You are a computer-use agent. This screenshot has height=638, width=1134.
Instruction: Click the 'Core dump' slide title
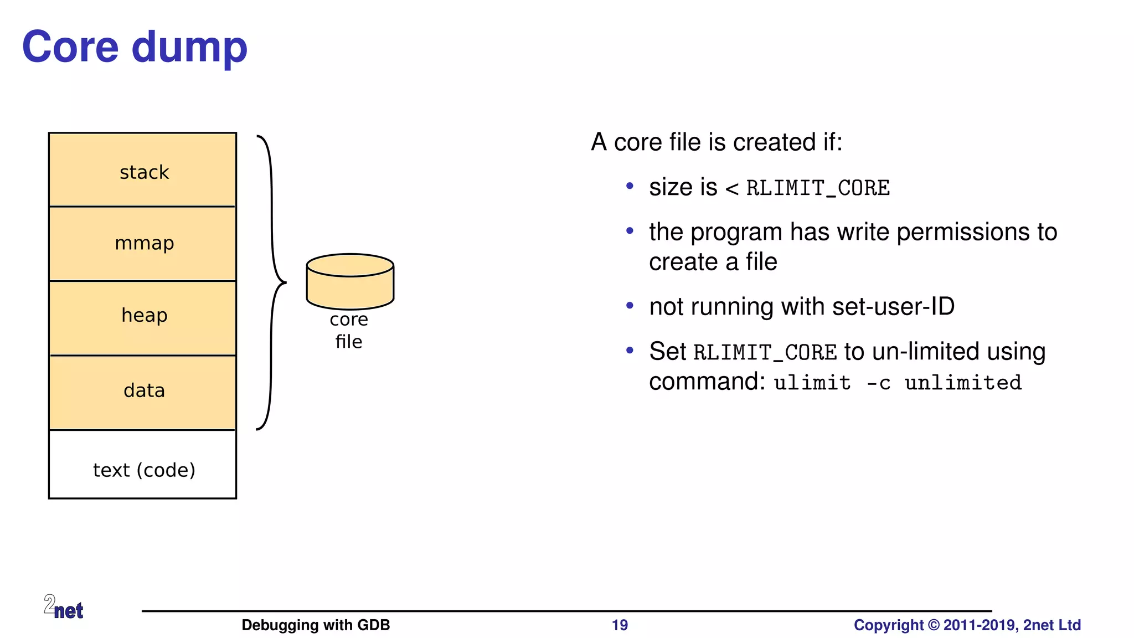[x=135, y=48]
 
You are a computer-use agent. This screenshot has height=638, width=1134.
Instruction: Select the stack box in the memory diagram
[x=143, y=170]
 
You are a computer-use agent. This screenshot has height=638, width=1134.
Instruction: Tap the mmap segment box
[x=143, y=244]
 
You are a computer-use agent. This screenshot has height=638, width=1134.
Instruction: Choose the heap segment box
[x=143, y=317]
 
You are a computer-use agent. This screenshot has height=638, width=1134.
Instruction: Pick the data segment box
[x=143, y=392]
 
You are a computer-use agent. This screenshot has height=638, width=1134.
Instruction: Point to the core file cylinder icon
[x=350, y=281]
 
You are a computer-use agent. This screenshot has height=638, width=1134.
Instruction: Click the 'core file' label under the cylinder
[x=349, y=331]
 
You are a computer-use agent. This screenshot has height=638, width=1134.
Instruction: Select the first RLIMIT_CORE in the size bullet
[x=818, y=188]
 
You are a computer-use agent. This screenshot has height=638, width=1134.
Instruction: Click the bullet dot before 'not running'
[x=630, y=306]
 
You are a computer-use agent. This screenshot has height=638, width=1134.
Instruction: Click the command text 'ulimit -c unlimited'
[x=898, y=383]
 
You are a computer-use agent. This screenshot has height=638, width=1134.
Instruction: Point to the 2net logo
[x=64, y=607]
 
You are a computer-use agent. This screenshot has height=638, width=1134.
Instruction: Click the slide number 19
[x=620, y=625]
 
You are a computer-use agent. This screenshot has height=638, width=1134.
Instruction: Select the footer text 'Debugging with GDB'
[x=316, y=625]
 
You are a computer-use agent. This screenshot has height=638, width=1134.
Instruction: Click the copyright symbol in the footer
[x=934, y=625]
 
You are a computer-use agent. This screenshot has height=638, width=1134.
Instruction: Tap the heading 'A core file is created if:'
[x=717, y=142]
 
